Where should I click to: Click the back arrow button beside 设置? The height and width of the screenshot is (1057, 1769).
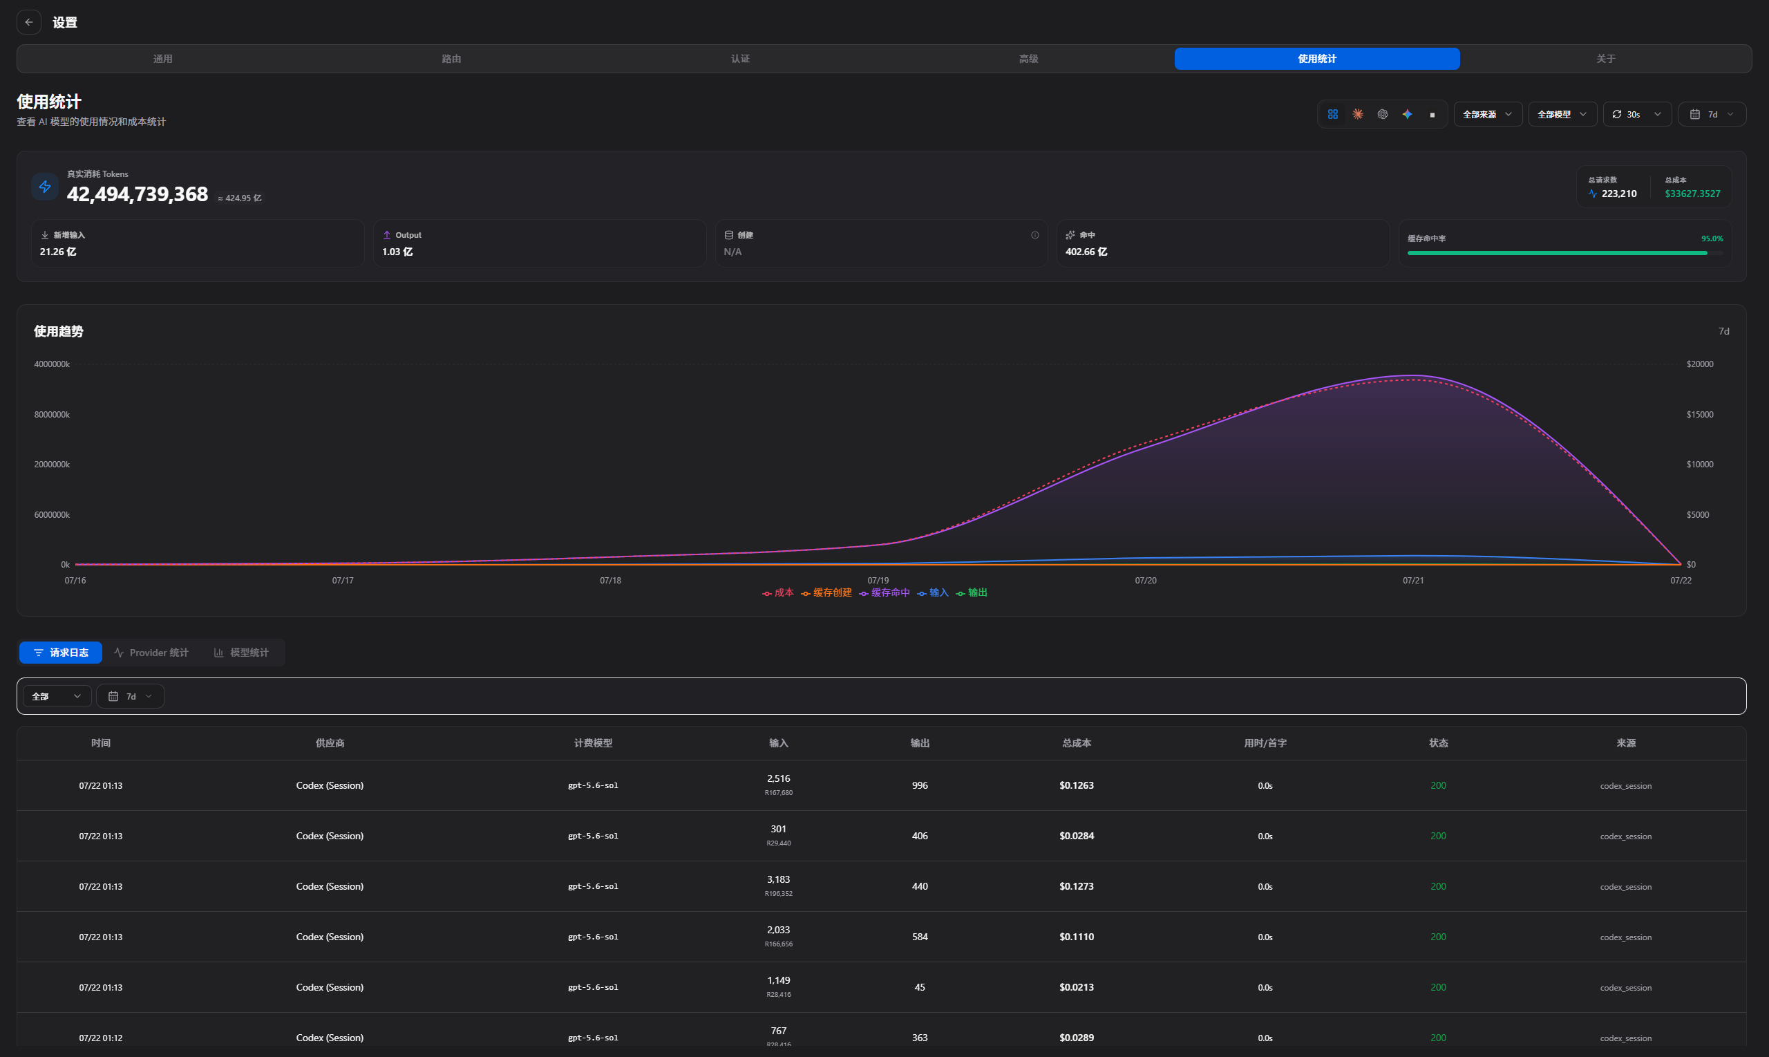click(x=29, y=22)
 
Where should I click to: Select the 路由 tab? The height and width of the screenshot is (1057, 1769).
click(x=451, y=58)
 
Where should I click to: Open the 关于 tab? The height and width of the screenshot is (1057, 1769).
click(x=1605, y=58)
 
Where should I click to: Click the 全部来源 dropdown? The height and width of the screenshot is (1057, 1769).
click(x=1487, y=114)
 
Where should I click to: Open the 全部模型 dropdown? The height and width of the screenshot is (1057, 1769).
click(x=1562, y=114)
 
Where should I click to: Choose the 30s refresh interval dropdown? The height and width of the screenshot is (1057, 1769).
click(x=1636, y=114)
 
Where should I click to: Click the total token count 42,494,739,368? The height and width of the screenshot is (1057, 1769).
click(x=138, y=194)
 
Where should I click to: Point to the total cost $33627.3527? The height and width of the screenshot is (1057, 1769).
click(x=1692, y=194)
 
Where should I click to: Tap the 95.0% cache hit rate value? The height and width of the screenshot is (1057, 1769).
click(x=1712, y=238)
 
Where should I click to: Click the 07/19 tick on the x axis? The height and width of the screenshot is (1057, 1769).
click(x=878, y=581)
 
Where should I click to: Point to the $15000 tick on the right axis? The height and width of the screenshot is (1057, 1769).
click(x=1700, y=415)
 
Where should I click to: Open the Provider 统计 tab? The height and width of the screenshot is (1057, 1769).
click(x=151, y=653)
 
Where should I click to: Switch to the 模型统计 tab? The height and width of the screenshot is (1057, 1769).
click(x=241, y=653)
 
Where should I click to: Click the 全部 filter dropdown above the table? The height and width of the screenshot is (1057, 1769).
click(x=57, y=696)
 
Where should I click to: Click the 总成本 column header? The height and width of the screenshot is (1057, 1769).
click(x=1077, y=743)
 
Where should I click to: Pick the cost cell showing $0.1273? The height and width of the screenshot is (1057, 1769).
click(x=1077, y=886)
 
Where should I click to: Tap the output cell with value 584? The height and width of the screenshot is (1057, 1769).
click(x=920, y=937)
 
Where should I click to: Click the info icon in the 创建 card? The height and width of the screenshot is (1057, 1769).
click(x=1034, y=235)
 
